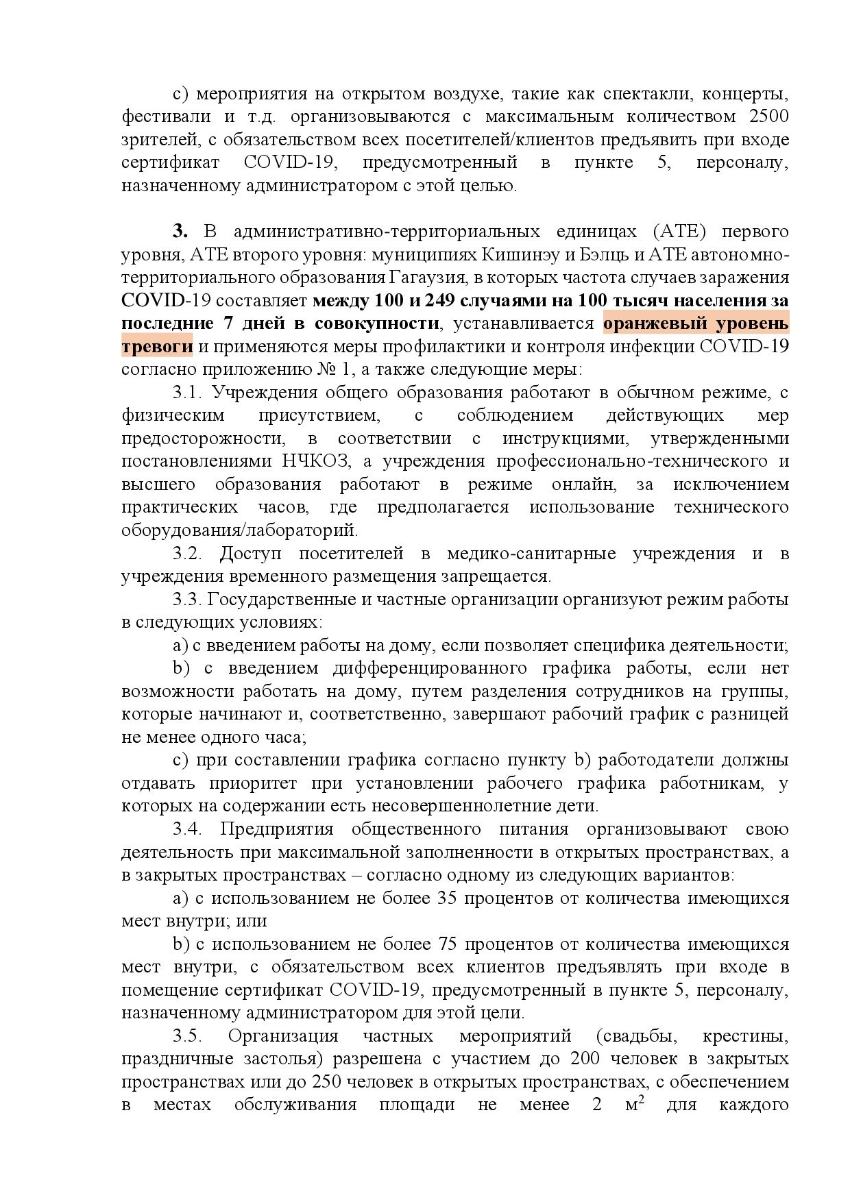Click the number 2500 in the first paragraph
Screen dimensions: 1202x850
pyautogui.click(x=768, y=116)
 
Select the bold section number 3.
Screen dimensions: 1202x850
pyautogui.click(x=180, y=232)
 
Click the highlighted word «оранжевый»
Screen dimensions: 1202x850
pyautogui.click(x=658, y=323)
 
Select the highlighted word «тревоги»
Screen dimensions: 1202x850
pyautogui.click(x=157, y=347)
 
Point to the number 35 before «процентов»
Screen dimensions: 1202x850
pyautogui.click(x=446, y=898)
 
